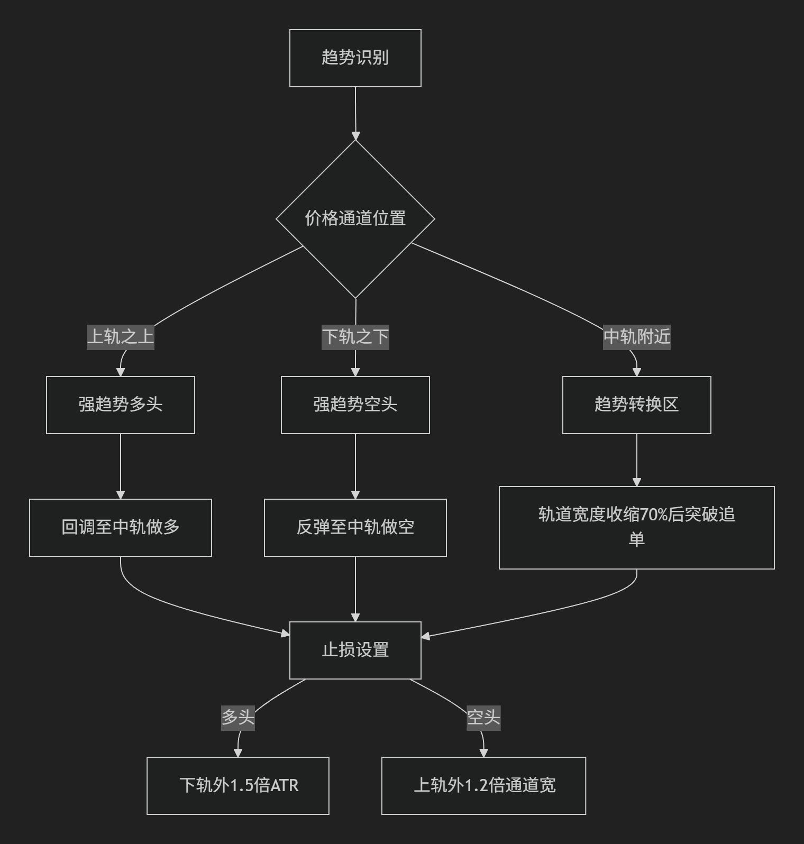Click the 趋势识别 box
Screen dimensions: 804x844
355,58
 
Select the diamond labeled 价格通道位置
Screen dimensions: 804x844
355,218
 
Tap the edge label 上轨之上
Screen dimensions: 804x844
121,336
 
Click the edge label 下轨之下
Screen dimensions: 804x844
355,336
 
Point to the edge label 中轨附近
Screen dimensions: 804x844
637,336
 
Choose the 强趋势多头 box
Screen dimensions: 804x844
121,405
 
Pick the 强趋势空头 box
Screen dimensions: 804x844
355,405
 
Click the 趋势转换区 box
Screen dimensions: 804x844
637,405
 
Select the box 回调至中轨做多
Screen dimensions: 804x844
121,528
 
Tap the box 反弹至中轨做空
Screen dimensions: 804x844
355,528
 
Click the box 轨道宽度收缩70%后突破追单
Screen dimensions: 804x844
637,528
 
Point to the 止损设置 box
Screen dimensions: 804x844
355,650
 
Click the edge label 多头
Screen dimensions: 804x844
238,717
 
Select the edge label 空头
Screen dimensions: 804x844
483,717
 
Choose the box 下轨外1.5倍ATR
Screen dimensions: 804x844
238,786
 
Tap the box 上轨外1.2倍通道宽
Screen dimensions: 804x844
483,786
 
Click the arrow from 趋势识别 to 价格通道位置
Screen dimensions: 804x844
355,113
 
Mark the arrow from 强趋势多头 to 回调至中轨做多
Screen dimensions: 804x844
121,466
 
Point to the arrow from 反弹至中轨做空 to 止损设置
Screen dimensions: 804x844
355,589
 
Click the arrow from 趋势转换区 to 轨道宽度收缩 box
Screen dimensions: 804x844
637,460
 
